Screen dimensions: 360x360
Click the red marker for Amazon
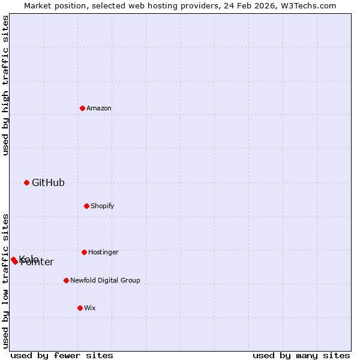[82, 108]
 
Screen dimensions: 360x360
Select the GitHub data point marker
[26, 182]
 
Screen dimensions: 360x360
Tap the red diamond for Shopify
[86, 206]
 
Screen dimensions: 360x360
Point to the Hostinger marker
[84, 252]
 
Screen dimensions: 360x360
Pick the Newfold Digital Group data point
[66, 280]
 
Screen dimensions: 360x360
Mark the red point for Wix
[80, 308]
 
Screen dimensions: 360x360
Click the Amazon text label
[99, 108]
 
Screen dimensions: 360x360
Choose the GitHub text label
[48, 182]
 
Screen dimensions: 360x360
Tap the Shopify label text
[103, 206]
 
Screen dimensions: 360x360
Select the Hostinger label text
[103, 252]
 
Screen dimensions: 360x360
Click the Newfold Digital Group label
[105, 280]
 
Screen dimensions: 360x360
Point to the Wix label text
[90, 308]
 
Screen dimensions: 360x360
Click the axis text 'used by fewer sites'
[62, 355]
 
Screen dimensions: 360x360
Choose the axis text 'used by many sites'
[301, 355]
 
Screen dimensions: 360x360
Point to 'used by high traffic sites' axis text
[5, 85]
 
